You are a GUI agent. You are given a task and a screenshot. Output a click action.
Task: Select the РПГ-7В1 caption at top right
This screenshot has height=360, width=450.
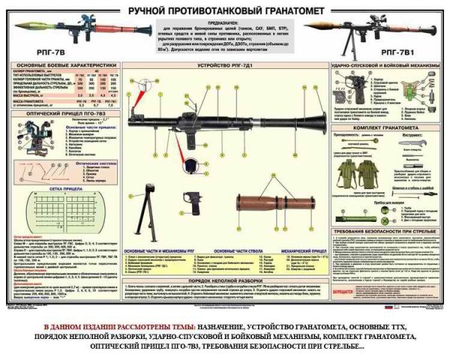(412, 54)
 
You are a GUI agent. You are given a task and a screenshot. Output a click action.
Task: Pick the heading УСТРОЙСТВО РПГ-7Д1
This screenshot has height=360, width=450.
(223, 67)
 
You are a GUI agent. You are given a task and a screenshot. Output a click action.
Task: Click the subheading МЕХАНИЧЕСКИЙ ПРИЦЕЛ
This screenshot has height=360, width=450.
(297, 250)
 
